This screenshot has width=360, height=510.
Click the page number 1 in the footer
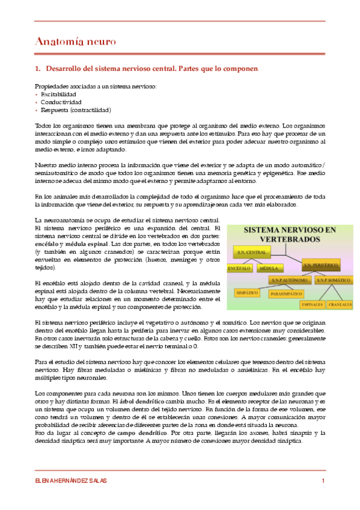pyautogui.click(x=323, y=481)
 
